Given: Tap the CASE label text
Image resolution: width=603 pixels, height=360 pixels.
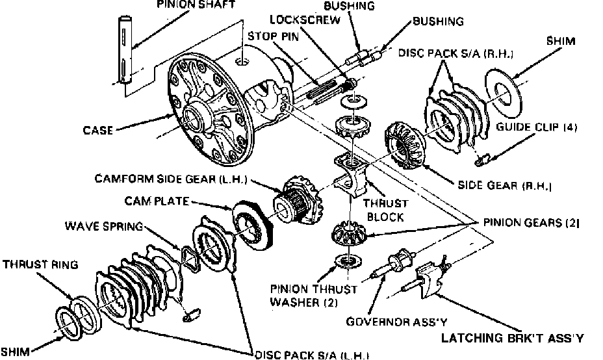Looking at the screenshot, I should (98, 130).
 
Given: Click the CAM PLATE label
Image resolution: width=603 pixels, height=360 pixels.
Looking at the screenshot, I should (158, 202).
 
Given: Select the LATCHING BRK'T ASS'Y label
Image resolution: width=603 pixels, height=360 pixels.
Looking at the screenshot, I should (512, 338).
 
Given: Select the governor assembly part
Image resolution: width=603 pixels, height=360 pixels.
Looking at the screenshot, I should (394, 263).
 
